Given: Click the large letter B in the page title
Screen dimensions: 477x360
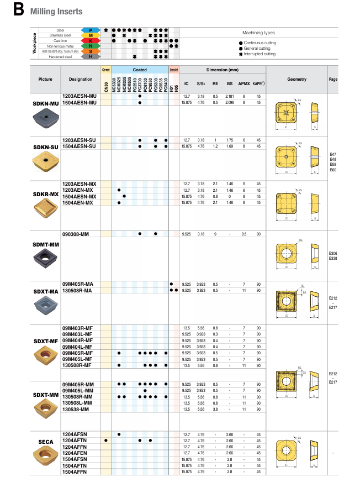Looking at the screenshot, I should tap(19, 10).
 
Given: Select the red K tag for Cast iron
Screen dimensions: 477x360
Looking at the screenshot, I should tap(90, 40).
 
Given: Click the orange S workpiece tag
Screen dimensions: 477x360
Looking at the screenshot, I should tap(90, 51).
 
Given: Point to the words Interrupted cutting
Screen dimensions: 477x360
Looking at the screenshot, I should tap(259, 54).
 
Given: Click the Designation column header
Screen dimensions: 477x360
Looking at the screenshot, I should tap(81, 79).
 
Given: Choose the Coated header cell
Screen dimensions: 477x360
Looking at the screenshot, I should tap(140, 70).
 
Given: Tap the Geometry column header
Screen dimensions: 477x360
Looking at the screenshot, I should tap(297, 79).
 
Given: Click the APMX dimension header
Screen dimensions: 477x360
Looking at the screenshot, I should tap(243, 83).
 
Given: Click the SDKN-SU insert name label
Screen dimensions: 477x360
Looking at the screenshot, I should tap(46, 146).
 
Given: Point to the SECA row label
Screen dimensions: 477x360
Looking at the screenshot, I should tap(46, 442).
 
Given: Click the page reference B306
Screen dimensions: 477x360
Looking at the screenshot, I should tap(332, 253).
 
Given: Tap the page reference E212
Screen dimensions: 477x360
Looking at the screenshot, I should tap(332, 297).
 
